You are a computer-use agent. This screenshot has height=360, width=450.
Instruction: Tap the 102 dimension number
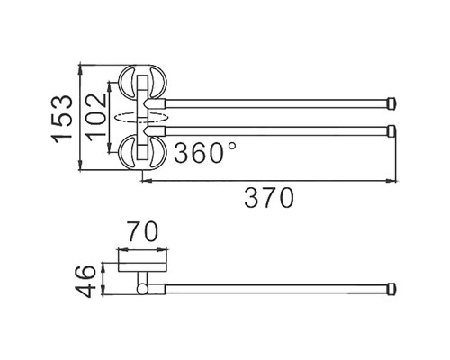click(94, 117)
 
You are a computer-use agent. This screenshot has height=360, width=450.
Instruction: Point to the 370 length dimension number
click(269, 198)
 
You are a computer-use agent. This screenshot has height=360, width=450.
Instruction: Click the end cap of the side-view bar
click(391, 289)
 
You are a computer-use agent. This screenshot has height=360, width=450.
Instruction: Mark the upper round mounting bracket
click(141, 85)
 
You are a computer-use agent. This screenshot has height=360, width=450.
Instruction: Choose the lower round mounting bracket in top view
click(141, 148)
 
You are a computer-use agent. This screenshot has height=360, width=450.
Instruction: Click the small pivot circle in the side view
click(142, 289)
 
